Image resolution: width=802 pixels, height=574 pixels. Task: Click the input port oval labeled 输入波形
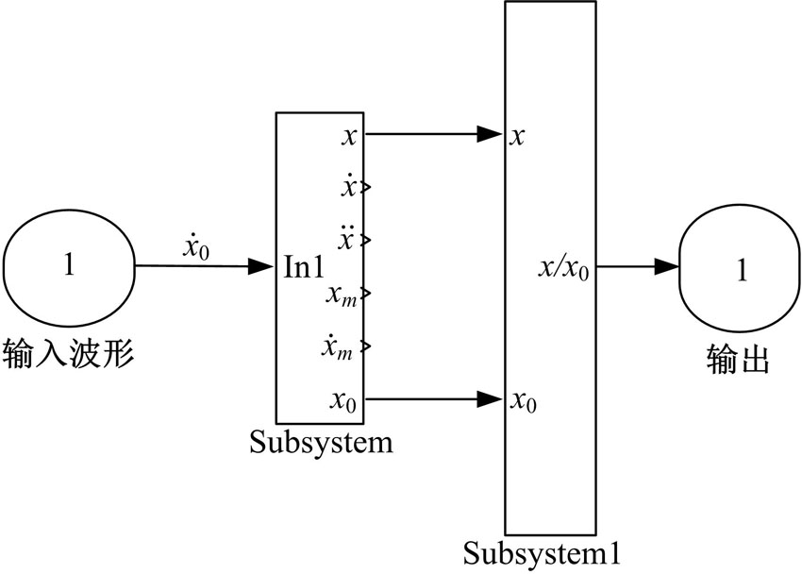tap(69, 266)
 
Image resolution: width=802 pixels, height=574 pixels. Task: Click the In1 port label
tap(304, 267)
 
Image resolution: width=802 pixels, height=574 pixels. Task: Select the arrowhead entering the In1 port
tap(261, 267)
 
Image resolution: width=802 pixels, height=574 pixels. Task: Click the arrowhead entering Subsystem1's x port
tap(490, 134)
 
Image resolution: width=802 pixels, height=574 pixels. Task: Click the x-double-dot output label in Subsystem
tap(348, 238)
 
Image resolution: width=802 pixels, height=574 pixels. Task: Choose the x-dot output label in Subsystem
tap(349, 186)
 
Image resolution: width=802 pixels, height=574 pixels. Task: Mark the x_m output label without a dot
tap(341, 294)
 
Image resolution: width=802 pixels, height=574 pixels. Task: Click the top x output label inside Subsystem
tap(350, 136)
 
